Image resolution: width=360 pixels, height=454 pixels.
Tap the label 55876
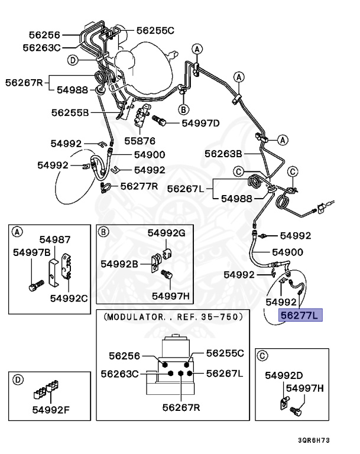tap(140, 141)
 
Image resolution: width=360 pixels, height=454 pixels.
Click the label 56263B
tap(223, 154)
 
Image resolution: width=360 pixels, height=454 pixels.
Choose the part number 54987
tap(55, 239)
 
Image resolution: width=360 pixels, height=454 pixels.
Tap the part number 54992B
tap(119, 263)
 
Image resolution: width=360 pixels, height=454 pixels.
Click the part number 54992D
tap(284, 375)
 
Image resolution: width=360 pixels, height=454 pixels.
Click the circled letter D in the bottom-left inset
tap(18, 379)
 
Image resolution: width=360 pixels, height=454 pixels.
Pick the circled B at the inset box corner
tap(104, 231)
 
